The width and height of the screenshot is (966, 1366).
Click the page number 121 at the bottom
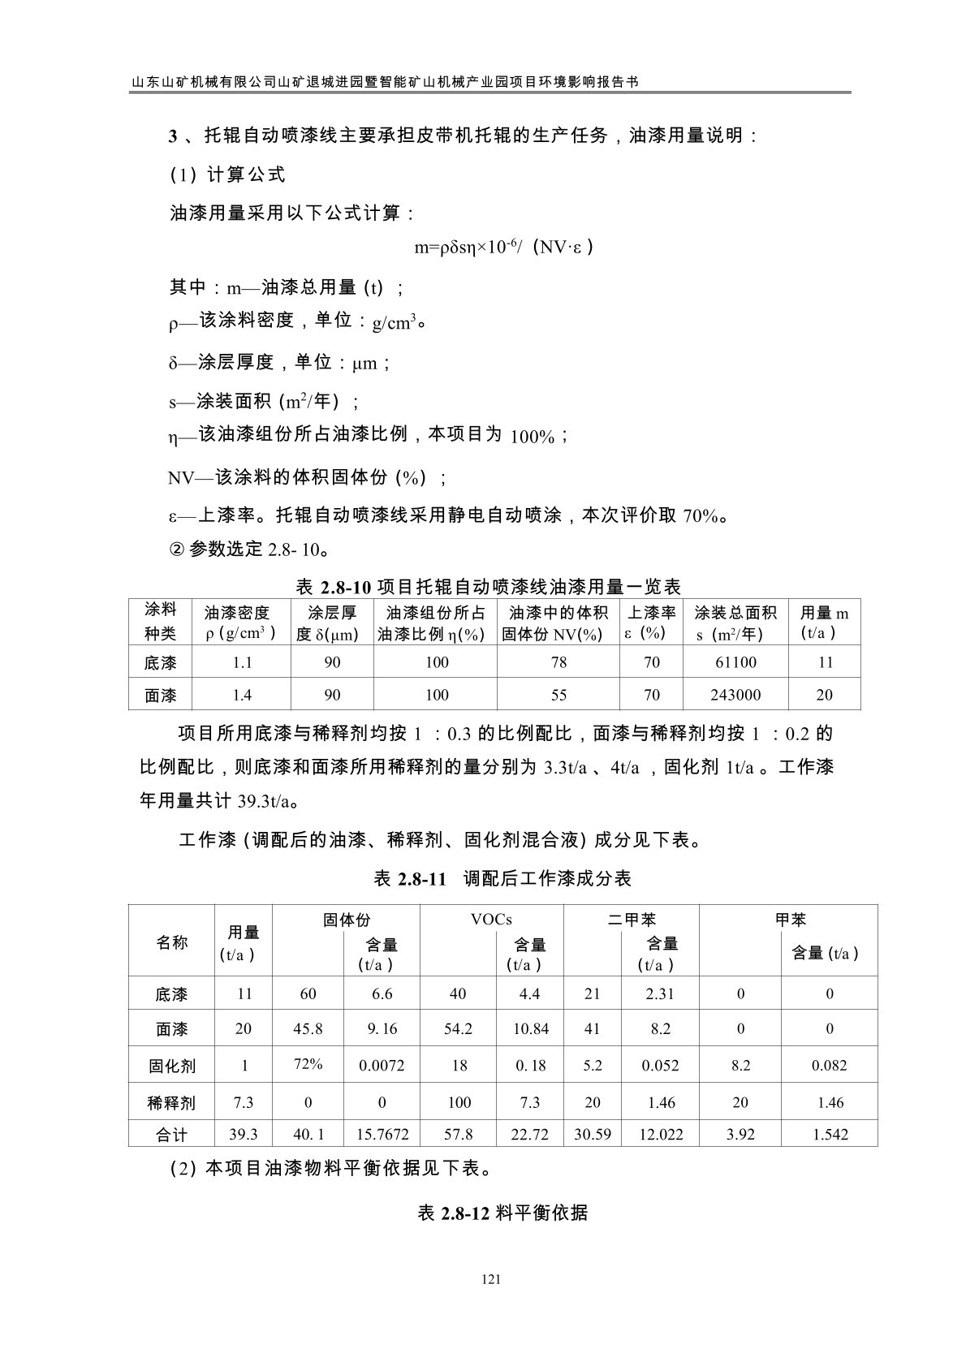point(489,1280)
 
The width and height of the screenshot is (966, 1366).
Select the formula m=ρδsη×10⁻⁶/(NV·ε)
point(504,248)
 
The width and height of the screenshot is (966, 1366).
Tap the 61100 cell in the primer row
point(735,662)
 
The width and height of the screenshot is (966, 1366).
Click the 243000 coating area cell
point(735,695)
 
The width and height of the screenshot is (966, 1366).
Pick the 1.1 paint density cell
point(242,662)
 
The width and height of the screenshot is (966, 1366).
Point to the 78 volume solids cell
point(558,662)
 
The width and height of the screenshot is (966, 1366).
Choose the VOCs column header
point(491,919)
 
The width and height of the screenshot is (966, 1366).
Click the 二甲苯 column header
point(632,919)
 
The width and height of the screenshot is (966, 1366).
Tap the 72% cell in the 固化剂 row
point(308,1064)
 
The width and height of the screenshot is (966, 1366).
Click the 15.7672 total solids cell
point(382,1135)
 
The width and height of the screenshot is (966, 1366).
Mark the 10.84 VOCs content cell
point(530,1029)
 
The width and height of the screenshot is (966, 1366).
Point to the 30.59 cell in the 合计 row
point(592,1135)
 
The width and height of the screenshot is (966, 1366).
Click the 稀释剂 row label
point(171,1102)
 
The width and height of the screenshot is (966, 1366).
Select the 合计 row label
point(171,1135)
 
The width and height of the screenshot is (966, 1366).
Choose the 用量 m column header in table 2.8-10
point(824,623)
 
